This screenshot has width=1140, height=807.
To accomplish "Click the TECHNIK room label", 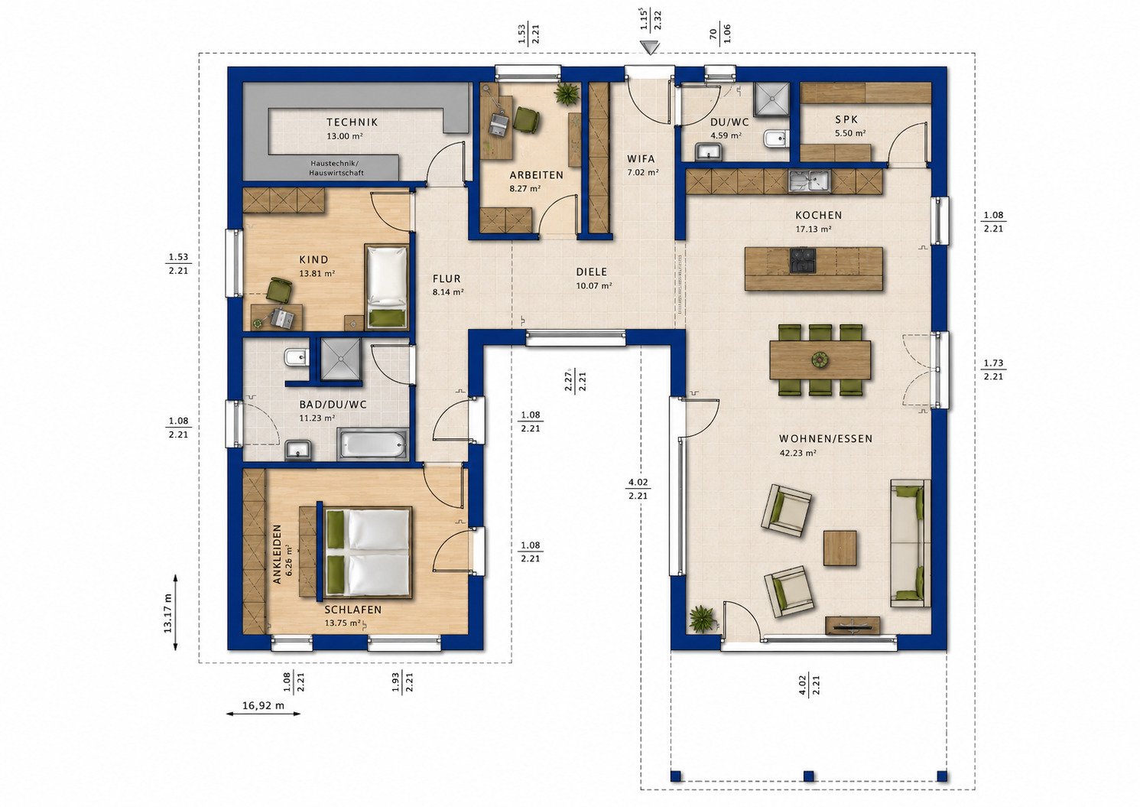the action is [352, 122].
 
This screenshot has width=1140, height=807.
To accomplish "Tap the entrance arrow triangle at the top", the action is [651, 48].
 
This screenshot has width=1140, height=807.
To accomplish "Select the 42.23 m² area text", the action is [798, 452].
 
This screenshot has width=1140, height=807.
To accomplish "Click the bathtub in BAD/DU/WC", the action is [374, 444].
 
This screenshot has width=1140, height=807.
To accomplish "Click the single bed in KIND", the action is [388, 287].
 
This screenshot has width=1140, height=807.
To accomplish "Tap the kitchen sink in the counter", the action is [810, 181].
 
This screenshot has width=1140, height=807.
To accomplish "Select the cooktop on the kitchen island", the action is [804, 259].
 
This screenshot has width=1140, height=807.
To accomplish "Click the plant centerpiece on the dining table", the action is [820, 360].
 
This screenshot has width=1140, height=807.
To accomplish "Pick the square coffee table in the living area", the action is [840, 548].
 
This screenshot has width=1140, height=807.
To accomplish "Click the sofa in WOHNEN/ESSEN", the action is [911, 543].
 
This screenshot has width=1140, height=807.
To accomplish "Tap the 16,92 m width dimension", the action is [263, 706].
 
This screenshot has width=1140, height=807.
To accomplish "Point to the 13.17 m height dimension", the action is [167, 613].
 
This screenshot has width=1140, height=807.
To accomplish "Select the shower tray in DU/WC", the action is [771, 99].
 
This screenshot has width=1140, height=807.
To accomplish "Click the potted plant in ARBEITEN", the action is [567, 94].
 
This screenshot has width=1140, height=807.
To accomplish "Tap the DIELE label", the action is [592, 272].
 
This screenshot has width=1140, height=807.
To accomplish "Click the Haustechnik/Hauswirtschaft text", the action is [336, 168].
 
